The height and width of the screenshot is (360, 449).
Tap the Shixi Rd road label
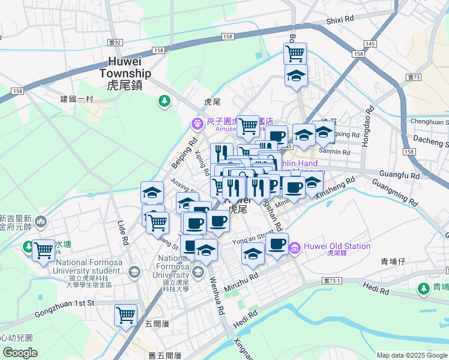pyautogui.click(x=340, y=20)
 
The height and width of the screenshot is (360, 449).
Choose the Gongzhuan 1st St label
pyautogui.click(x=65, y=303)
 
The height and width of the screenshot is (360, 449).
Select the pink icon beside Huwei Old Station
pyautogui.click(x=295, y=247)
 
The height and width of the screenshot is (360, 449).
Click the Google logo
pyautogui.click(x=20, y=353)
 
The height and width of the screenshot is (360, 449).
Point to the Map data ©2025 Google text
pyautogui.click(x=412, y=355)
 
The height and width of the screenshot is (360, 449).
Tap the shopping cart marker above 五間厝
pyautogui.click(x=126, y=315)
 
